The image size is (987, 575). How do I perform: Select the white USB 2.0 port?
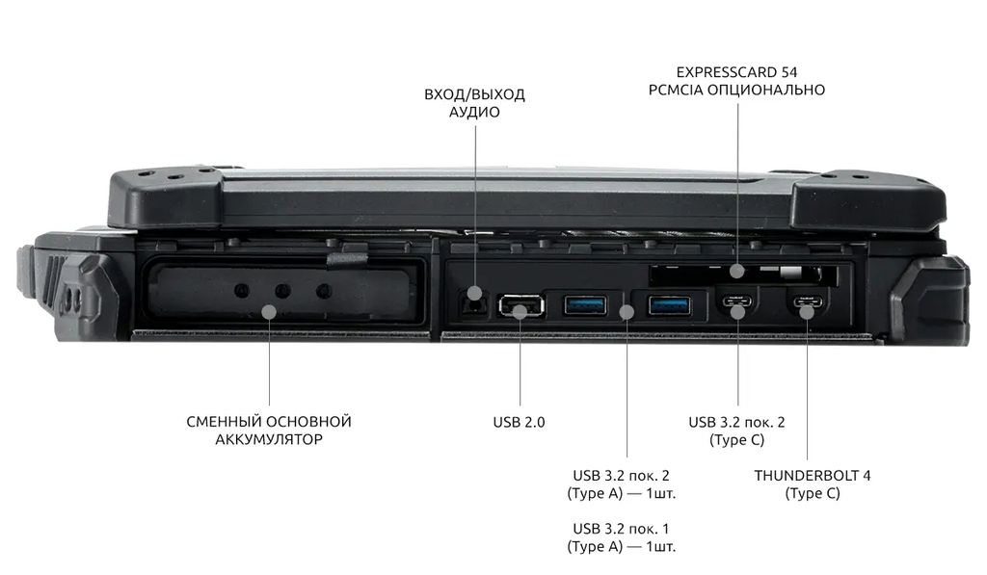coord(520,305)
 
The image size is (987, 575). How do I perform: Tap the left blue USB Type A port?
coord(585,305)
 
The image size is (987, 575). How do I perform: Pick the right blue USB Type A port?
coord(669,305)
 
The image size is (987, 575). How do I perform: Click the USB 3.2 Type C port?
coord(737,301)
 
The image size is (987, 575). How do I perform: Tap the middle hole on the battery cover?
coord(282,291)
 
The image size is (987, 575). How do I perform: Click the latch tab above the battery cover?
coord(347,258)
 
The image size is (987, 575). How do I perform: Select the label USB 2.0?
coord(519,422)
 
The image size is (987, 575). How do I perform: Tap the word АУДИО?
coord(474,112)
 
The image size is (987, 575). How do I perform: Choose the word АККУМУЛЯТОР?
coord(269,439)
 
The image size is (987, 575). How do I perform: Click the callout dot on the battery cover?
coord(270,311)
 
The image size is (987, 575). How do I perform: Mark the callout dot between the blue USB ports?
coord(627,311)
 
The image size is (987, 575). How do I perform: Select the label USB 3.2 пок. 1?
coord(622,529)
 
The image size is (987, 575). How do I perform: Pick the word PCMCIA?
coord(676,90)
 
